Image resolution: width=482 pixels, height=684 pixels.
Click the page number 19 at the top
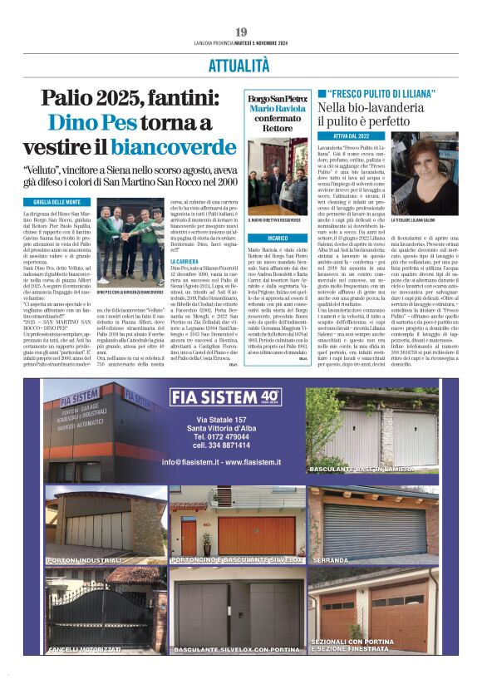pos(241,32)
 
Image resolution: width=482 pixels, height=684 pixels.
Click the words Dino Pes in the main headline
pos(91,123)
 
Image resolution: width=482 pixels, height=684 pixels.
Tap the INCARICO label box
pos(266,237)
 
